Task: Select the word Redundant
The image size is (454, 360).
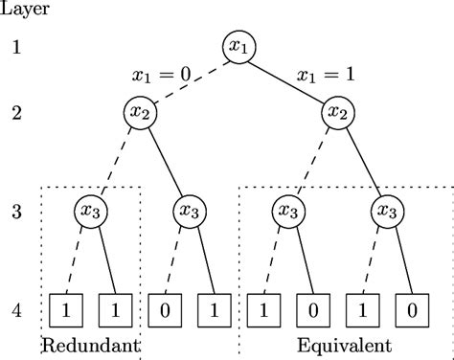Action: pos(91,344)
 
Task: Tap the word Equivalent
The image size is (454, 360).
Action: pos(336,344)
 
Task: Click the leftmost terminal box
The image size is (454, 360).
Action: pos(64,310)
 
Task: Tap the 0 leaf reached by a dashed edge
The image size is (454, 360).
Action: pos(164,310)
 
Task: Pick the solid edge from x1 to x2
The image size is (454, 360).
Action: pos(287,79)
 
